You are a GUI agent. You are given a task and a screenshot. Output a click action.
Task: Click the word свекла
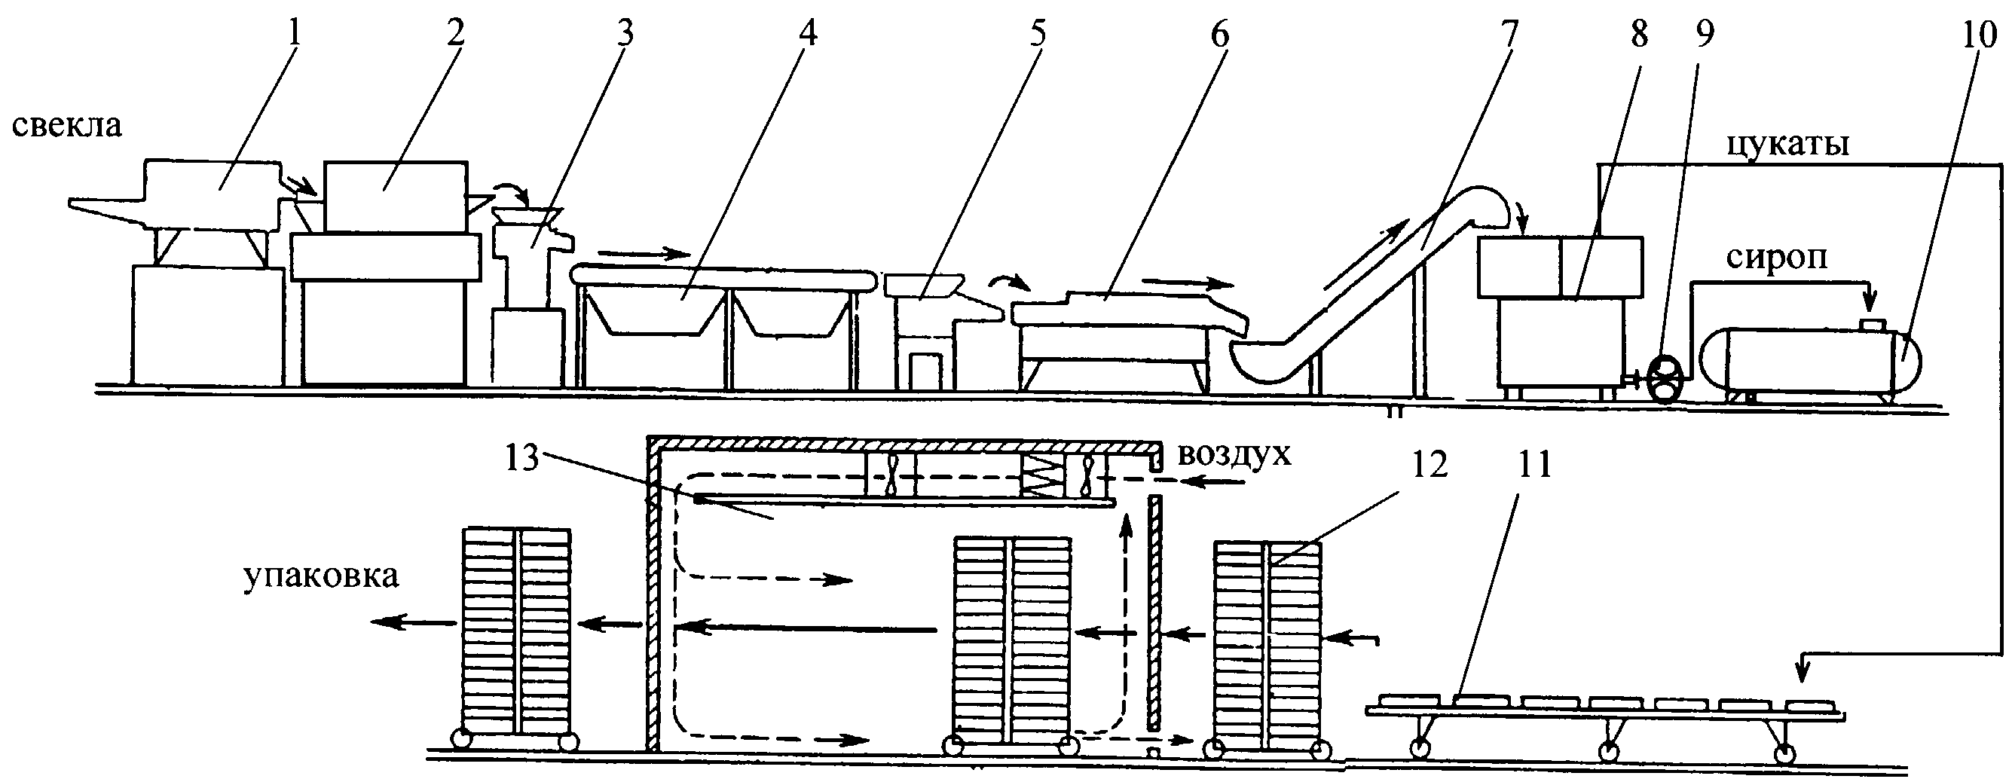pyautogui.click(x=66, y=125)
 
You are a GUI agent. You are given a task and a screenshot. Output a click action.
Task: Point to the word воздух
pyautogui.click(x=1234, y=456)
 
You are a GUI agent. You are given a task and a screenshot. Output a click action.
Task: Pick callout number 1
pyautogui.click(x=294, y=32)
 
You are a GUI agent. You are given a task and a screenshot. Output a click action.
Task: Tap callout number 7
pyautogui.click(x=1508, y=34)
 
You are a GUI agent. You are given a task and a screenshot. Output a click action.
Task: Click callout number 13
pyautogui.click(x=522, y=459)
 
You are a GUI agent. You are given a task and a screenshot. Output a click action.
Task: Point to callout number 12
pyautogui.click(x=1429, y=466)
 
